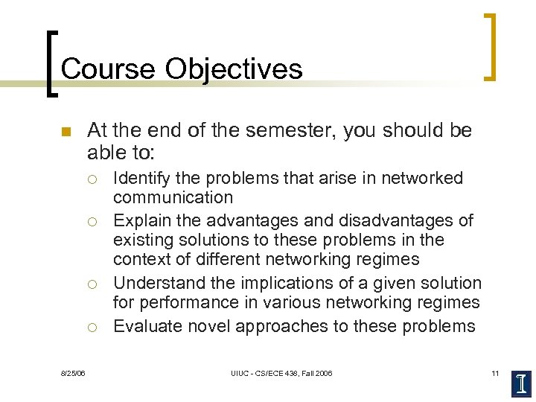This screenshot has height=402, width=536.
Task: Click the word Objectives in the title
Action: [234, 68]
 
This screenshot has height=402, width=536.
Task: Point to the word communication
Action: [173, 198]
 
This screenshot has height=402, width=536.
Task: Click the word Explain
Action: [140, 221]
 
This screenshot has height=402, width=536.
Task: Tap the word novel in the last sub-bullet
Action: [204, 326]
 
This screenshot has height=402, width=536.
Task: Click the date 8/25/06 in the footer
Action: [73, 372]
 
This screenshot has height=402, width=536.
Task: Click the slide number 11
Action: [494, 372]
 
